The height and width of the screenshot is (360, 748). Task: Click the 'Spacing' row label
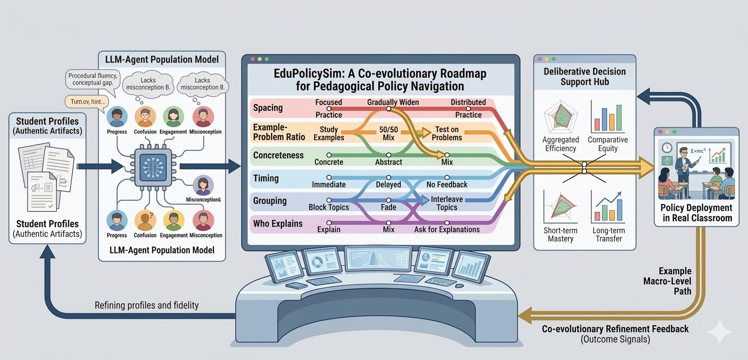(267, 108)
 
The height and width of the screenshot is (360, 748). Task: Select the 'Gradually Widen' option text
(393, 103)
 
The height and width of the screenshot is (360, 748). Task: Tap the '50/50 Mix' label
(388, 133)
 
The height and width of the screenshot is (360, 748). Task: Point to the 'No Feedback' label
(446, 185)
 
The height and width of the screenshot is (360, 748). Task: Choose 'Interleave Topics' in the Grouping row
(447, 203)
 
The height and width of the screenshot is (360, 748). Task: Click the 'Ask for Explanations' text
(446, 229)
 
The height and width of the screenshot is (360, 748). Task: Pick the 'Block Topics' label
(328, 207)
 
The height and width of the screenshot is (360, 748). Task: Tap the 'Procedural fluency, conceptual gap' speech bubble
(93, 79)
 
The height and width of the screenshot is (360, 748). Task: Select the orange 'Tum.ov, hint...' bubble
(86, 102)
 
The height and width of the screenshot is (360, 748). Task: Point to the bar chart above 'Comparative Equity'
(609, 118)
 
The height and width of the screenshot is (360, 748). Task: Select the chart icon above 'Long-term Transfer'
(609, 207)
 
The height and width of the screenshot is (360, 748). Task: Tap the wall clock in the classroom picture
(667, 147)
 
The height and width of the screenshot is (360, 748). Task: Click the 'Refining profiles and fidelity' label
(146, 305)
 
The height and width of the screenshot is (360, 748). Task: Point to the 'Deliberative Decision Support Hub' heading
(584, 76)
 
